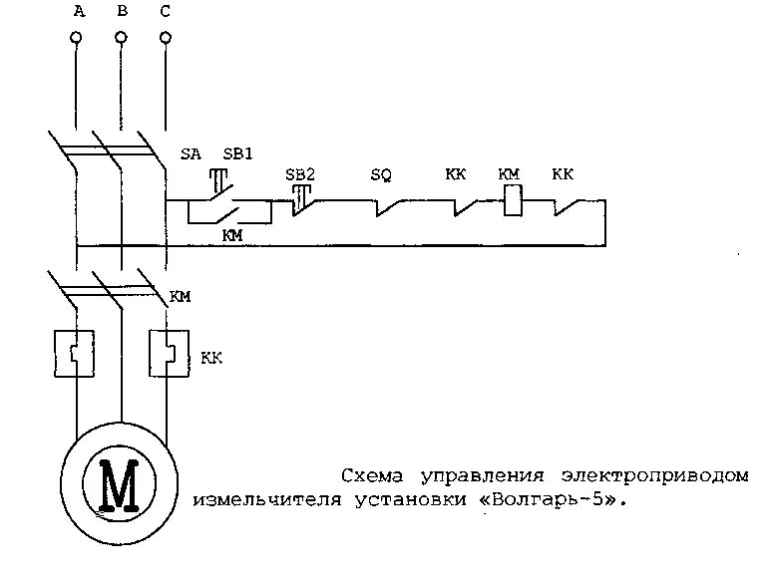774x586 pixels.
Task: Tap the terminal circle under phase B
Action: coord(121,38)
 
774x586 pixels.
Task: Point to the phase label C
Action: coord(166,12)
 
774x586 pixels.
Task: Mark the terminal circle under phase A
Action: coord(76,38)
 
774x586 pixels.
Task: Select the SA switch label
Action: coord(191,154)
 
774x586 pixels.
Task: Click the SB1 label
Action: coord(237,154)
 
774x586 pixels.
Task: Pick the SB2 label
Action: coord(300,174)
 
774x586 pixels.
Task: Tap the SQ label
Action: coord(381,175)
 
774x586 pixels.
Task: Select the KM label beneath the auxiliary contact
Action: coord(231,235)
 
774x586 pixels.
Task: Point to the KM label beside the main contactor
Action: coord(181,295)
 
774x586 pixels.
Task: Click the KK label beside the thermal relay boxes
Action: coord(210,357)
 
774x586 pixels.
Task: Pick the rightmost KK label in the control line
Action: coord(563,174)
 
